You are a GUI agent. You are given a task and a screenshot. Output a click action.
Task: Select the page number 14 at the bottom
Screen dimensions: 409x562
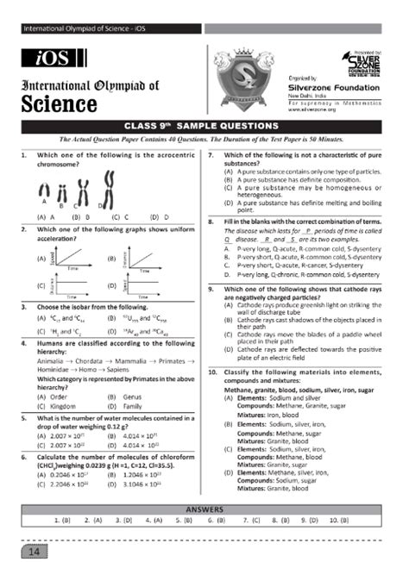(x=34, y=549)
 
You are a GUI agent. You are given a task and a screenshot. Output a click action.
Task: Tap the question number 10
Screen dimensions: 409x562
(x=212, y=372)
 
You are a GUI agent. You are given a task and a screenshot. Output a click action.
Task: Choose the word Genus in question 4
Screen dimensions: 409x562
(x=132, y=397)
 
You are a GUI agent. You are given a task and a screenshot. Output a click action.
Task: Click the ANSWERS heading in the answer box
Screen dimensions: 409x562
(x=204, y=509)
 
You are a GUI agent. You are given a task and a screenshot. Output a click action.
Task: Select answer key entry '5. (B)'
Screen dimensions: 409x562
(x=183, y=521)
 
